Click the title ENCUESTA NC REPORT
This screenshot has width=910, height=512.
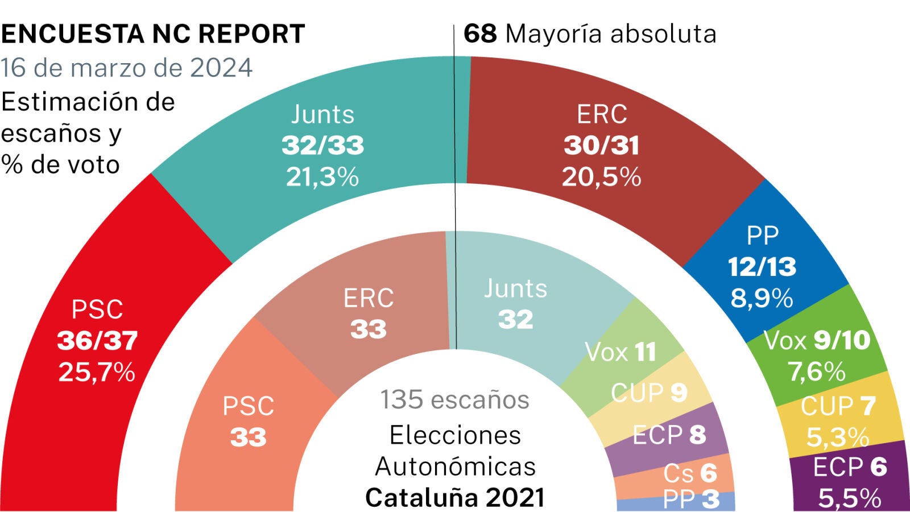[153, 34]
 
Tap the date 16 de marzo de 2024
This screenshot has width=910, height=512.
[126, 68]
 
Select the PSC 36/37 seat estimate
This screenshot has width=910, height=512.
[97, 341]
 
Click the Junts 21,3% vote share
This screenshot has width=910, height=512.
[322, 177]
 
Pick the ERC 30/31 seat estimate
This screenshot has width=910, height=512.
[602, 146]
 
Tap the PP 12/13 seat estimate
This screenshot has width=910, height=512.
[762, 267]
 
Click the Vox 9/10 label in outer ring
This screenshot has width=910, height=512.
[817, 340]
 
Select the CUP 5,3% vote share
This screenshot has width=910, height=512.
[838, 437]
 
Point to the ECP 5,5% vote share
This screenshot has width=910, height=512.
[850, 498]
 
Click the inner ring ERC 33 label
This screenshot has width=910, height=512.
[369, 313]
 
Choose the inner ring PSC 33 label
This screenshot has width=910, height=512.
[249, 421]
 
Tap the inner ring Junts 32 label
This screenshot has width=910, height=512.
[516, 304]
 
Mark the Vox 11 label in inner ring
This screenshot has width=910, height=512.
[621, 352]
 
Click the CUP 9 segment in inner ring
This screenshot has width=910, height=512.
[649, 393]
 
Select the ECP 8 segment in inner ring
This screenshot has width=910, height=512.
[669, 435]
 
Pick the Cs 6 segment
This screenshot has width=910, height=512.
[690, 473]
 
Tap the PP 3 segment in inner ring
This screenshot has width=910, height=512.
[691, 500]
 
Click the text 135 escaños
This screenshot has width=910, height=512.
[454, 399]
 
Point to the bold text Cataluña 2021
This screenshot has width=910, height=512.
[454, 498]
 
